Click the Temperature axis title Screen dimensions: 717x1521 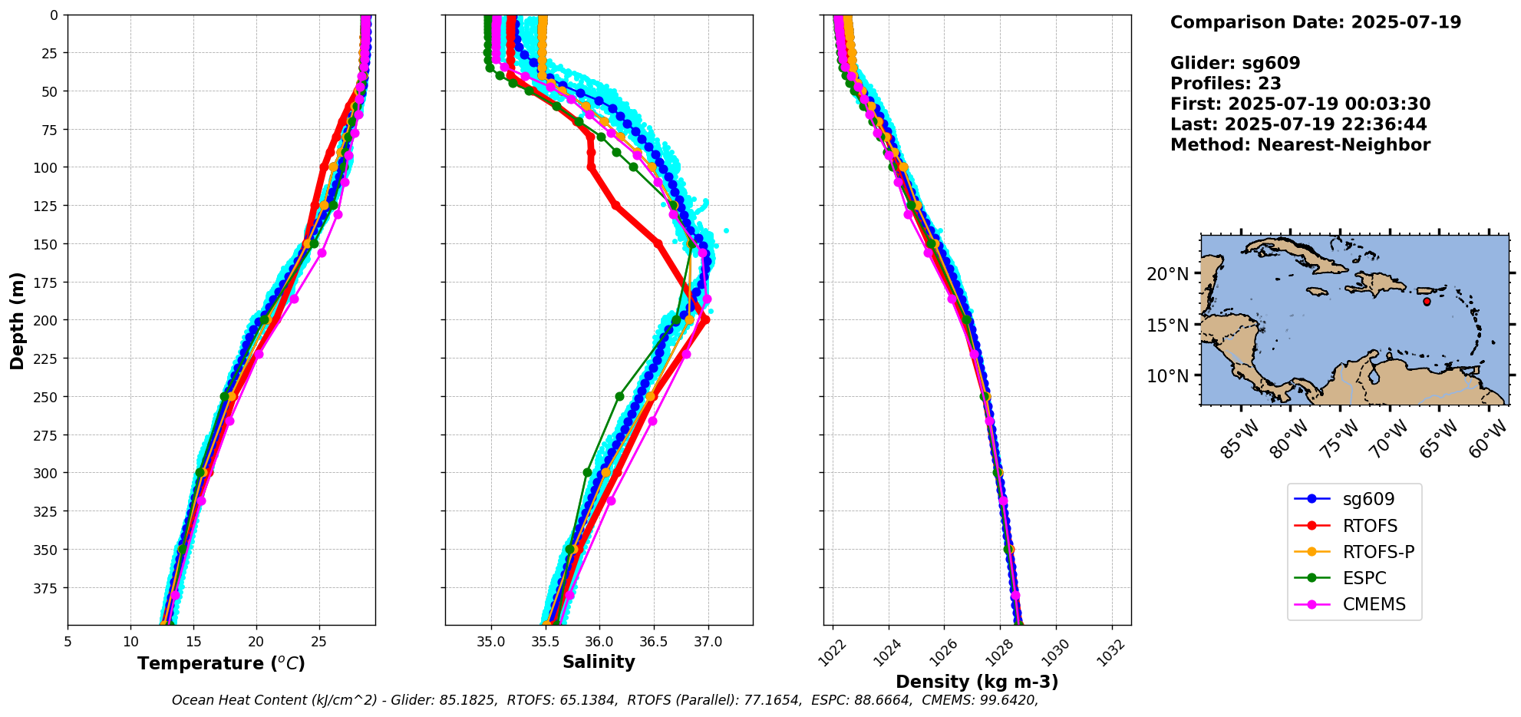pos(221,663)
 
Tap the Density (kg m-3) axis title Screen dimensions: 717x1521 pos(977,682)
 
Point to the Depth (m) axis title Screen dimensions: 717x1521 pos(17,320)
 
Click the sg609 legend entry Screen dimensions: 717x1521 pos(1368,499)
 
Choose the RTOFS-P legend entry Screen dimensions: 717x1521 pos(1378,552)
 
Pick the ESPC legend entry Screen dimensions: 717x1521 pos(1364,578)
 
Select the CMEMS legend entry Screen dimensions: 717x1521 pos(1374,604)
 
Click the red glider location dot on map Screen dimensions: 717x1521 pos(1427,302)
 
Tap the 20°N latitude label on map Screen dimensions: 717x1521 pos(1167,274)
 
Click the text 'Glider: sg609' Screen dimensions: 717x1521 pos(1235,64)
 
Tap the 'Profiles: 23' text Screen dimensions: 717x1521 pos(1226,84)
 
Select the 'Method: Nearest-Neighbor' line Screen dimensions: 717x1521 pos(1300,145)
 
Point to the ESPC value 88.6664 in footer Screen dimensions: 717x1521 pos(886,700)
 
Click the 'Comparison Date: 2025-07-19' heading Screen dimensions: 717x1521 pos(1315,22)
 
